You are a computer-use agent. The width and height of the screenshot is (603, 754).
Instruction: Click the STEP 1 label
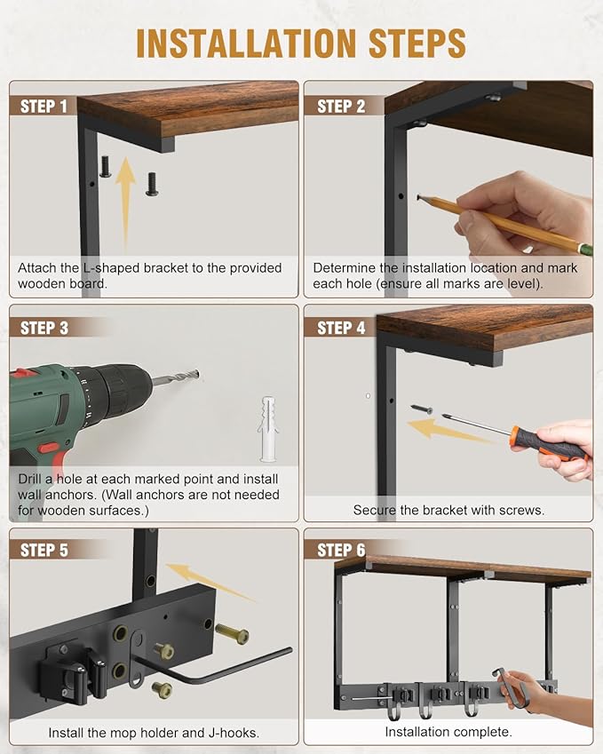[44, 107]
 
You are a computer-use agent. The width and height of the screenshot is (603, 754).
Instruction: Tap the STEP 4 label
[341, 328]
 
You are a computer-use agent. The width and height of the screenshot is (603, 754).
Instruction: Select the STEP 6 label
[341, 550]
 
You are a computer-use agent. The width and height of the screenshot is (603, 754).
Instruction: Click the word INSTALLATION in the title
[246, 44]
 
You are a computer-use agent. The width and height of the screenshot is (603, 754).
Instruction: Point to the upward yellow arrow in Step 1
[126, 202]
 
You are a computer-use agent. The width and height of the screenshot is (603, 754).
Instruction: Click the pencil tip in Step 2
[418, 196]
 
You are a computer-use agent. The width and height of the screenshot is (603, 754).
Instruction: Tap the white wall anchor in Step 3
[268, 429]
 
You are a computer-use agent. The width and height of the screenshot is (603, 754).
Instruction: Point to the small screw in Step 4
[422, 409]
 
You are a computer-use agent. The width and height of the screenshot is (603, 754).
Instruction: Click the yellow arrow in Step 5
[210, 582]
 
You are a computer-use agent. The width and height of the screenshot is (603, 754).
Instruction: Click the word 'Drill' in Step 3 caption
[29, 479]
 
